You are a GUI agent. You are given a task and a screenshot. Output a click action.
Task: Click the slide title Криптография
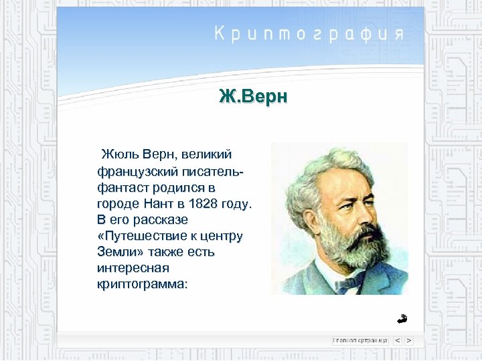[x=309, y=34]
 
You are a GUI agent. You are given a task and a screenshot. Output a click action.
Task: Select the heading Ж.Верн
[x=253, y=97]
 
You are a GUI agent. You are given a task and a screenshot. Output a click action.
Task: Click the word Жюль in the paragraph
[x=117, y=155]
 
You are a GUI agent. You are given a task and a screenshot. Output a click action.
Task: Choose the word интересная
[x=133, y=268]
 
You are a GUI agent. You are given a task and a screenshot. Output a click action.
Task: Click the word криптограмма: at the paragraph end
[x=142, y=284]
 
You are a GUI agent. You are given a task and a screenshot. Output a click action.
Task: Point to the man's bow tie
[x=348, y=283]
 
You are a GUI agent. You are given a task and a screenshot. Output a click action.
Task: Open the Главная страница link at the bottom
[x=359, y=340]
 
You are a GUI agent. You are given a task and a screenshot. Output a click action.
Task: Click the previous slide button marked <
[x=397, y=340]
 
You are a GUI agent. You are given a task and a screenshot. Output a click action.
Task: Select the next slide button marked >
[x=408, y=340]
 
